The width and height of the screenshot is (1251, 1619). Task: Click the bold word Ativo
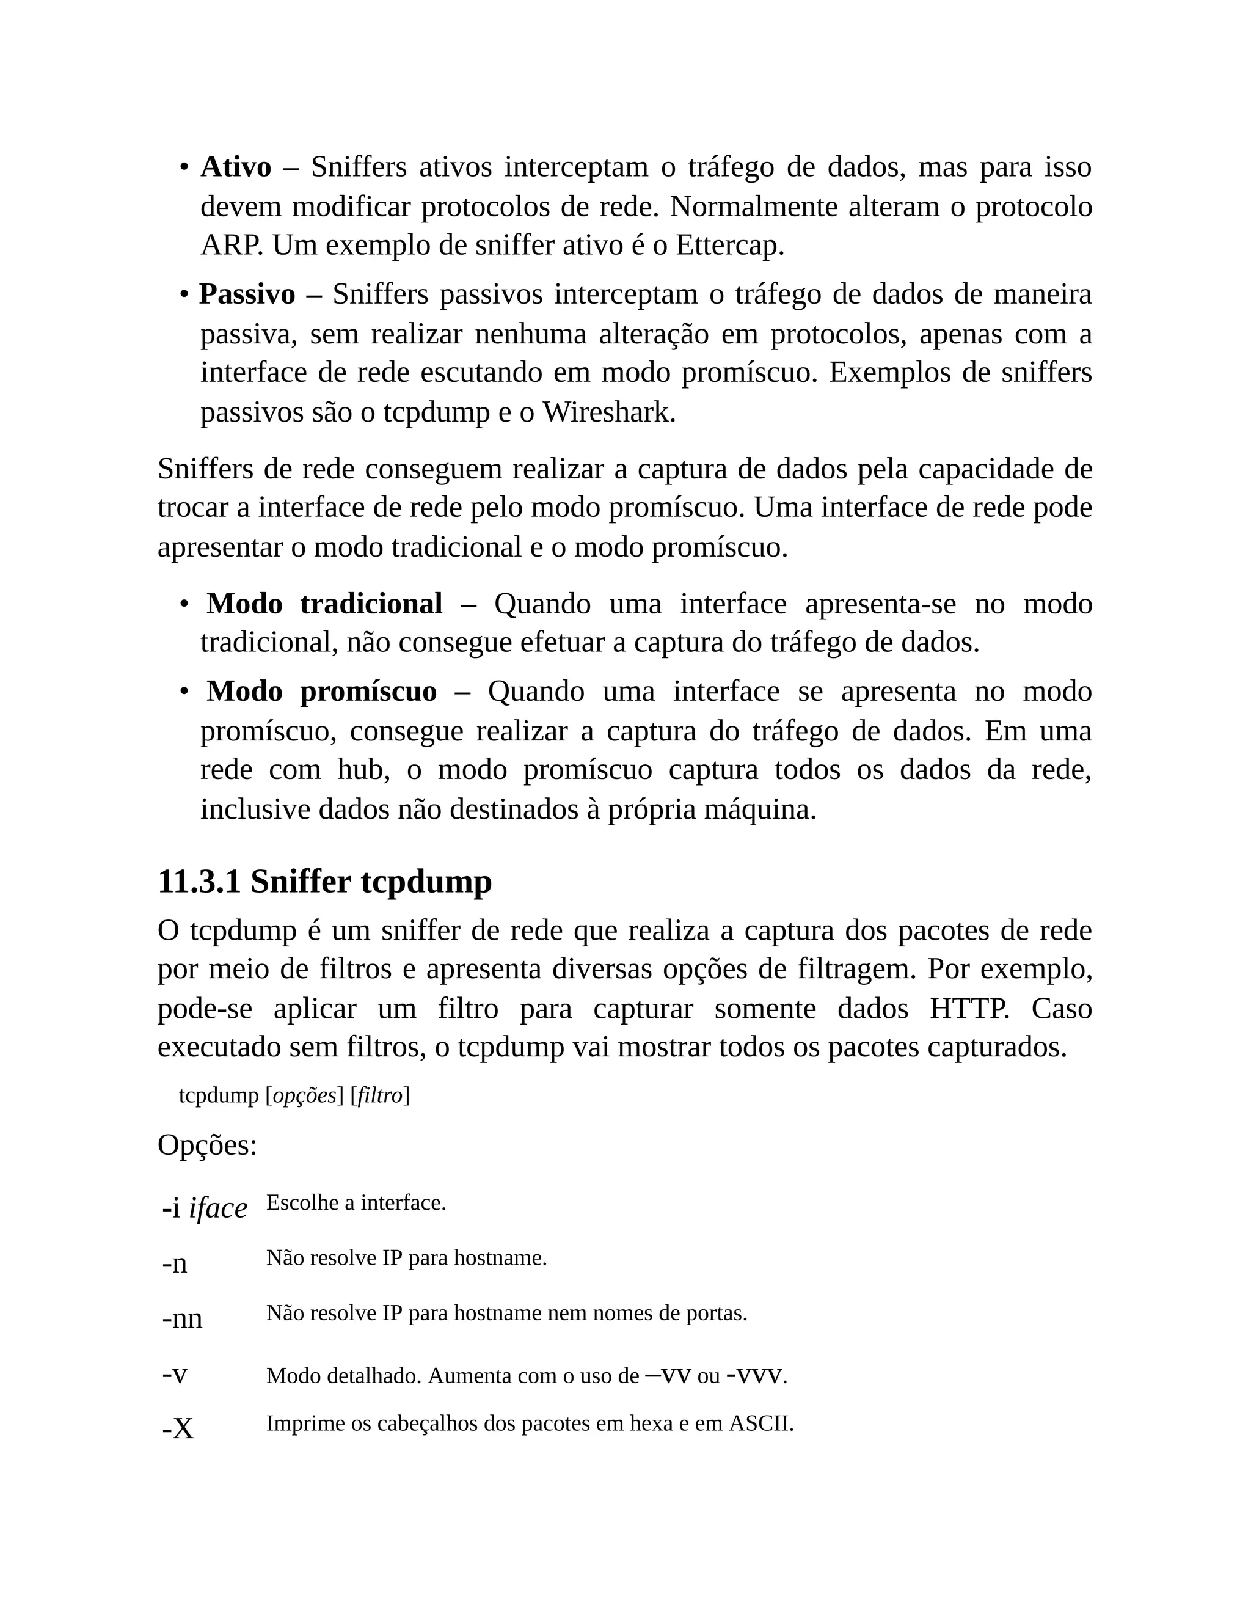[236, 167]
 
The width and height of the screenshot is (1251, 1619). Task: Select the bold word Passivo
[247, 295]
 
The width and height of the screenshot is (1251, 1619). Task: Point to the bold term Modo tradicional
[324, 604]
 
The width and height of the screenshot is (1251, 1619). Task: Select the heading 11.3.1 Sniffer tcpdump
[324, 882]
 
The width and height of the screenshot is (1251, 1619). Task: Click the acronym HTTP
[969, 1009]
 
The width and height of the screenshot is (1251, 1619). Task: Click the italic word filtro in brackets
[379, 1095]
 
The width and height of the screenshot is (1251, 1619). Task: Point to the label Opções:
[207, 1146]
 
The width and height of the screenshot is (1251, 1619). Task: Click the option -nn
[182, 1318]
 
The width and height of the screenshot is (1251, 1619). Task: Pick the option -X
[178, 1428]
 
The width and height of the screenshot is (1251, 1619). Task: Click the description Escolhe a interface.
[356, 1202]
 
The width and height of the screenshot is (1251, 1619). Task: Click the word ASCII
[760, 1424]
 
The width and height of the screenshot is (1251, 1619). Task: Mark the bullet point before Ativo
[183, 168]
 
